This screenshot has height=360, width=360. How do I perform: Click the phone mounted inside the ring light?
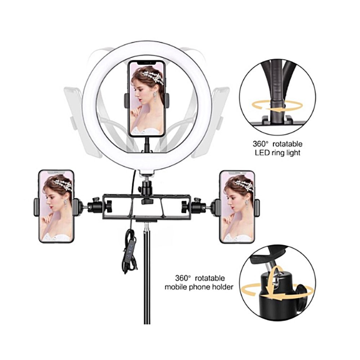pos(147,99)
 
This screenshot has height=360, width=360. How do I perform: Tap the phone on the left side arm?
pos(56,206)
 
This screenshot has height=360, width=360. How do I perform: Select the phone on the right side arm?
pos(237,207)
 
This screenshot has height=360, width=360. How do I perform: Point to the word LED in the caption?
pos(261,153)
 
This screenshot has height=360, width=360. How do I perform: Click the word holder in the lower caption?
pos(222,287)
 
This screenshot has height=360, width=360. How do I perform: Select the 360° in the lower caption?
pos(183,278)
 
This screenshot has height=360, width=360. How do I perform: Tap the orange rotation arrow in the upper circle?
pos(277,106)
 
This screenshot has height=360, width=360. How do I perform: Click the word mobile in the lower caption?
pos(175,287)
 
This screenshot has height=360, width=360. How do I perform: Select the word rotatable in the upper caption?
pos(288,144)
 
